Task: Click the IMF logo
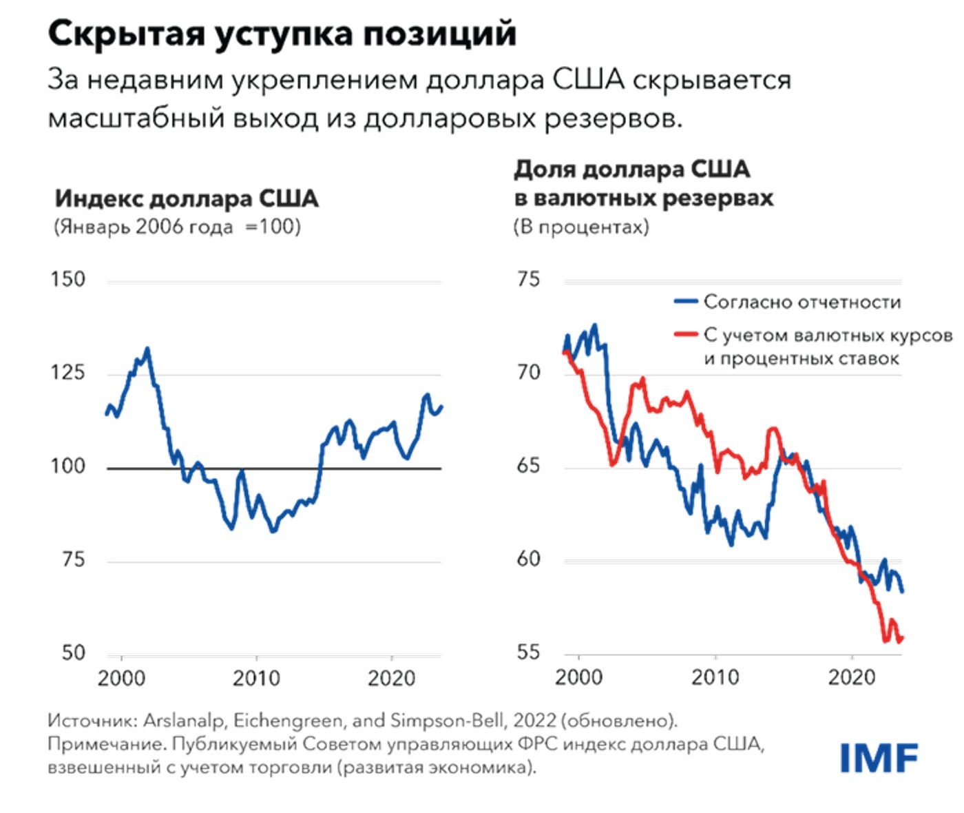point(879,758)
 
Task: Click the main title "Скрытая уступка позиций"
point(282,33)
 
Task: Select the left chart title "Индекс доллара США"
point(187,198)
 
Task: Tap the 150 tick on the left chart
point(67,280)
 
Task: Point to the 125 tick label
point(67,373)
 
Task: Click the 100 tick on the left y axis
point(67,466)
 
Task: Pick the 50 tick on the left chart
point(72,652)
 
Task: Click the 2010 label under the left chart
point(256,679)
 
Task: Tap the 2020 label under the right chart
point(852,677)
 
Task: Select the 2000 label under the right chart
point(578,677)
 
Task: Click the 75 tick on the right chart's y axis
point(528,280)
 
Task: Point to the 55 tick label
point(528,652)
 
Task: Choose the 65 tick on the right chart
point(528,466)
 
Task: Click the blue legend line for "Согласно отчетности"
point(686,302)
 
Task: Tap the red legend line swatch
point(686,336)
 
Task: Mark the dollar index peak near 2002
point(147,349)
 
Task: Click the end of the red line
point(902,638)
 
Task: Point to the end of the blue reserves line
point(902,590)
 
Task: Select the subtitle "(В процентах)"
point(581,227)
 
